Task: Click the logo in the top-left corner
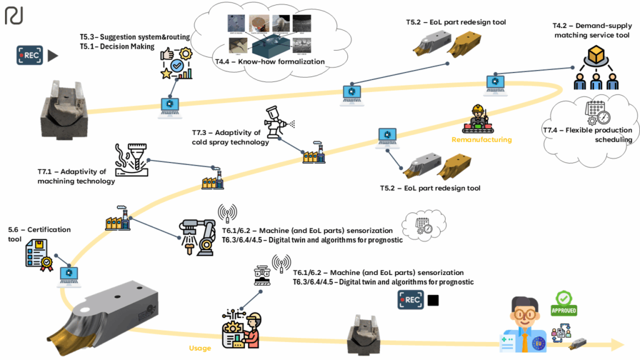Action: pos(14,16)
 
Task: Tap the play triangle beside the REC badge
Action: pos(52,56)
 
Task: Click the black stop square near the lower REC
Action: pos(432,301)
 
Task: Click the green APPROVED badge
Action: pos(564,303)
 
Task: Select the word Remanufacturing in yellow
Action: pos(481,140)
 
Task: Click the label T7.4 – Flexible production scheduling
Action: pos(587,135)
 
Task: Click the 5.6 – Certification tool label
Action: pos(39,234)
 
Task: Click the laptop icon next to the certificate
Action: pos(68,273)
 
